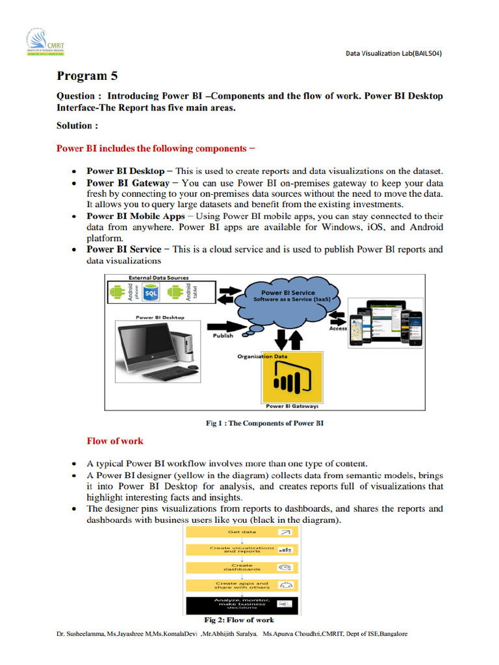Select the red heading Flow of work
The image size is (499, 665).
click(x=115, y=441)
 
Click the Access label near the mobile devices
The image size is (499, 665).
click(x=338, y=329)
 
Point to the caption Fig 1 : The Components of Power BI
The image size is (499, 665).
click(x=264, y=423)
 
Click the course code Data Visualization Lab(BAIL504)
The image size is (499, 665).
click(x=393, y=53)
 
